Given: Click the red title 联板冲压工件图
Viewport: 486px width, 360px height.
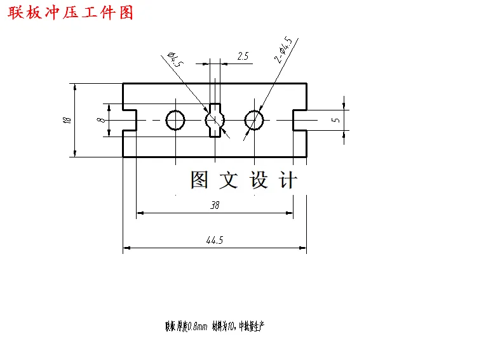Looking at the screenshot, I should (x=71, y=12).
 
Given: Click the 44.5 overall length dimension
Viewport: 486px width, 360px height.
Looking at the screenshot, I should (x=215, y=240).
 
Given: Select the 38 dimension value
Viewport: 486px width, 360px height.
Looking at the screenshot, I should (x=215, y=205).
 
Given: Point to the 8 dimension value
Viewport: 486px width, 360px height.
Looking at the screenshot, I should (x=100, y=119).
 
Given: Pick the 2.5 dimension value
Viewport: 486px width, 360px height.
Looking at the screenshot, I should (x=243, y=57).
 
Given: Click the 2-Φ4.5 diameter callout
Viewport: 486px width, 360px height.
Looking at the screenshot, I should (x=283, y=50).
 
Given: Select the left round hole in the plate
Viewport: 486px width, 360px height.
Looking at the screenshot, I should (x=175, y=119).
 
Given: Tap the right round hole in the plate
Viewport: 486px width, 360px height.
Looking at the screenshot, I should (x=255, y=119).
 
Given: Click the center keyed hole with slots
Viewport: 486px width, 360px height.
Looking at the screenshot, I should (x=215, y=119).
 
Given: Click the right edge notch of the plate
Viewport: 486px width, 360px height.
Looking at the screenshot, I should (x=300, y=119).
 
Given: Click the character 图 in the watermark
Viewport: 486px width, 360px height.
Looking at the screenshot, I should (x=199, y=180).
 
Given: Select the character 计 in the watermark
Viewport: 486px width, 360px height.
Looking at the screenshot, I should (x=288, y=180).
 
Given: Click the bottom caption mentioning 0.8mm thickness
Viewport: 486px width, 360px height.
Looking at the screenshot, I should (x=214, y=326).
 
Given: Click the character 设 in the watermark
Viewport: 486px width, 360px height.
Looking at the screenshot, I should (x=259, y=180).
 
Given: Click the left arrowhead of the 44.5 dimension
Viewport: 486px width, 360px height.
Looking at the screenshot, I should (x=126, y=248).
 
